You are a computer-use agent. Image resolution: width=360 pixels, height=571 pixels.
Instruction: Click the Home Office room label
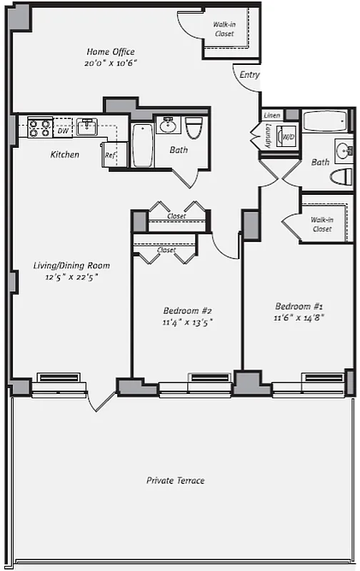coord(111,52)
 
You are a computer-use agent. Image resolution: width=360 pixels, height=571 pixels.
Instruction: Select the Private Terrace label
coord(176,480)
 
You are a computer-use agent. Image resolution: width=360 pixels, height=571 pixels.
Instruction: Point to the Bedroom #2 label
coord(188,310)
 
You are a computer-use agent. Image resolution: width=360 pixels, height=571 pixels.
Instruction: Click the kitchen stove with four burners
coord(40,128)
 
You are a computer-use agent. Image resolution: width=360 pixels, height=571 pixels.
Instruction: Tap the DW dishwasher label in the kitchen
coord(63,131)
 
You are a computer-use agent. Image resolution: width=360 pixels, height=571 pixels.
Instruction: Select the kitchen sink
coord(88,127)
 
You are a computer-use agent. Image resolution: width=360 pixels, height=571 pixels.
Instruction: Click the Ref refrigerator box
coord(111,155)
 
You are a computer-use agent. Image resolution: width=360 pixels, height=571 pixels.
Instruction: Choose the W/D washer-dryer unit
coord(289,136)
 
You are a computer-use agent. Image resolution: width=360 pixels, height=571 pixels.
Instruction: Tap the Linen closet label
coord(271,115)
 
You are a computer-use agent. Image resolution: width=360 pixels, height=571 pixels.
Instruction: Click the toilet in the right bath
coord(344,176)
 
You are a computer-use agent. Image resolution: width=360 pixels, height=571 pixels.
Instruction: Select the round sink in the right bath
coord(344,150)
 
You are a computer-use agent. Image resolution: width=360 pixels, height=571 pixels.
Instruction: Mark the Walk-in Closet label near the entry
coord(225,28)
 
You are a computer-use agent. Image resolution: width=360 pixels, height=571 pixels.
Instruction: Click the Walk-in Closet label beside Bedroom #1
coord(321,224)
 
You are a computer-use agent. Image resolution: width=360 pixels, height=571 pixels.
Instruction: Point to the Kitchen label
coord(64,155)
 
